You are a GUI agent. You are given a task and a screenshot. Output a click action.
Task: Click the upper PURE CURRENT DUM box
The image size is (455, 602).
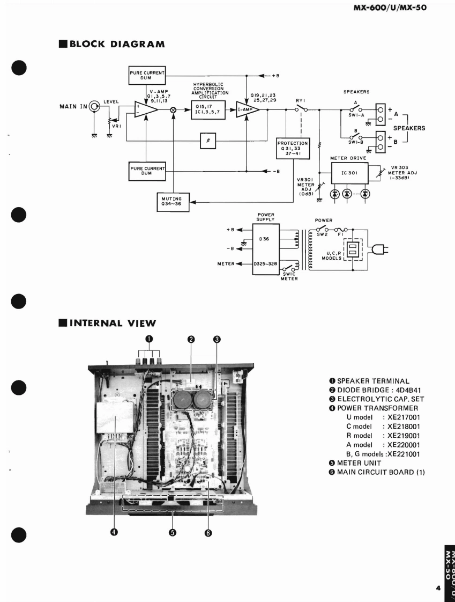(147, 76)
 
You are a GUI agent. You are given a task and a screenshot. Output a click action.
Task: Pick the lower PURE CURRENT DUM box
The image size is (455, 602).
(147, 172)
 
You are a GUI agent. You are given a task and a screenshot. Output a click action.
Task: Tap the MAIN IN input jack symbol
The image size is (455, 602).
(95, 107)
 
